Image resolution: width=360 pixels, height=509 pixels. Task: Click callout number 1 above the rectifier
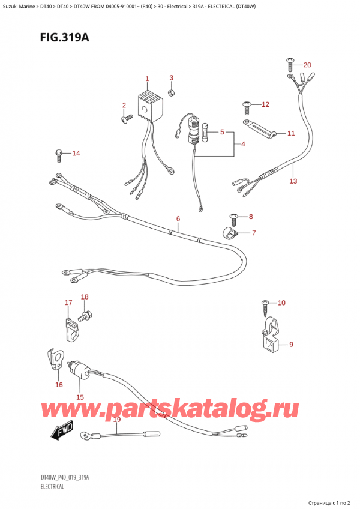(x=147, y=79)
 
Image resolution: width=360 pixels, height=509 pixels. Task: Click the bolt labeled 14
(x=59, y=155)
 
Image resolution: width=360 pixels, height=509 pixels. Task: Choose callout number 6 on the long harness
(x=178, y=218)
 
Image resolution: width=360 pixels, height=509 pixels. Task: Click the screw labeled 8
(x=234, y=217)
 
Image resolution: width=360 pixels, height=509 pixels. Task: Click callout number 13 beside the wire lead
(x=293, y=180)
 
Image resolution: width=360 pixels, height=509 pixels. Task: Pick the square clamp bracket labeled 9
(x=271, y=337)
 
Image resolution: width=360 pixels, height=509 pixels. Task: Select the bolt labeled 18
(x=85, y=312)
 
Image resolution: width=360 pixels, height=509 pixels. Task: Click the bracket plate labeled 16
(x=58, y=360)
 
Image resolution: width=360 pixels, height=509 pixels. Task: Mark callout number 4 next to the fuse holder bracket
(x=242, y=144)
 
